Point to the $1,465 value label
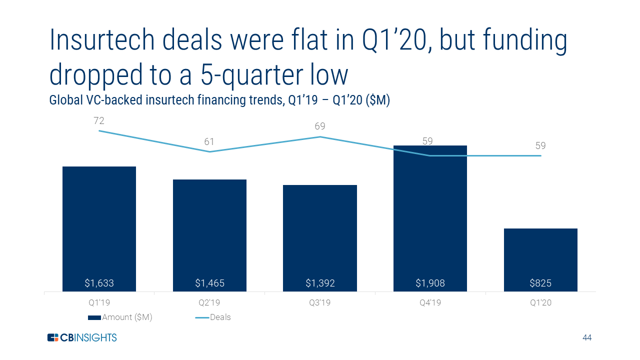[x=209, y=283]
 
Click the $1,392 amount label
[x=320, y=283]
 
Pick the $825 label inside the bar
[x=540, y=283]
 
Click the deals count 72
[x=99, y=120]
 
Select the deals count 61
[x=209, y=142]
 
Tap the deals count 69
[x=320, y=126]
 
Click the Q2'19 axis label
[x=209, y=302]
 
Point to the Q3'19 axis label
[x=320, y=302]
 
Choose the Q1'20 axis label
[x=540, y=302]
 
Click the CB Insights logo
[x=81, y=337]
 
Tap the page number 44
[x=587, y=338]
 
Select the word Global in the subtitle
[x=65, y=100]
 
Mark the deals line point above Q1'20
[x=540, y=155]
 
